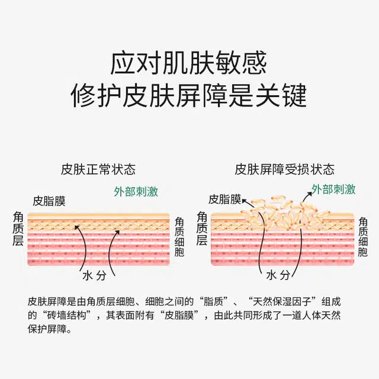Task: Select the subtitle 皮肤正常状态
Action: tap(98, 169)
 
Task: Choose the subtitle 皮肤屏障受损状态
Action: tap(284, 169)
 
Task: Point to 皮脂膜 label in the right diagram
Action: tap(224, 200)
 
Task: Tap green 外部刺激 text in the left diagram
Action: tap(136, 191)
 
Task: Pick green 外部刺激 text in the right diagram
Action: tap(333, 189)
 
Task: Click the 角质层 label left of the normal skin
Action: tap(19, 229)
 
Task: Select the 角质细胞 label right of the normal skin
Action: tap(180, 237)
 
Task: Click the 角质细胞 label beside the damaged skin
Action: tap(362, 237)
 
